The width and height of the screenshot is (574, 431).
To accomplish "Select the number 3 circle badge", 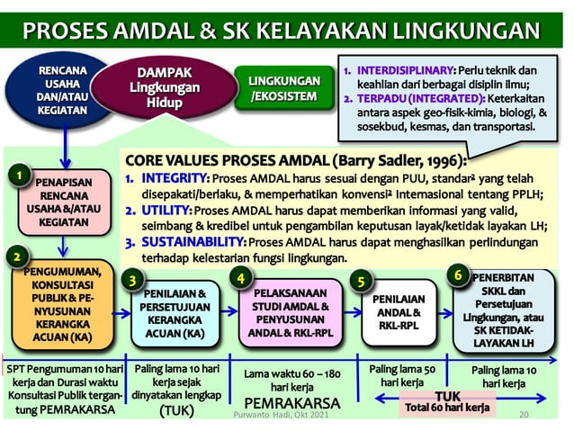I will pyautogui.click(x=134, y=280).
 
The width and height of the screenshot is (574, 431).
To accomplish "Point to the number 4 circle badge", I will pyautogui.click(x=241, y=278).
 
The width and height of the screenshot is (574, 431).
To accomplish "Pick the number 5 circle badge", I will pyautogui.click(x=359, y=281).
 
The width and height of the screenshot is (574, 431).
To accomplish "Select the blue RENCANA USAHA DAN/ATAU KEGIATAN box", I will pyautogui.click(x=63, y=92).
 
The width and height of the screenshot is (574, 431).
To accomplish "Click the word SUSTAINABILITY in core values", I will pyautogui.click(x=192, y=242).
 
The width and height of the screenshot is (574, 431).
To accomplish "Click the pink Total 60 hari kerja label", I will pyautogui.click(x=447, y=408).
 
